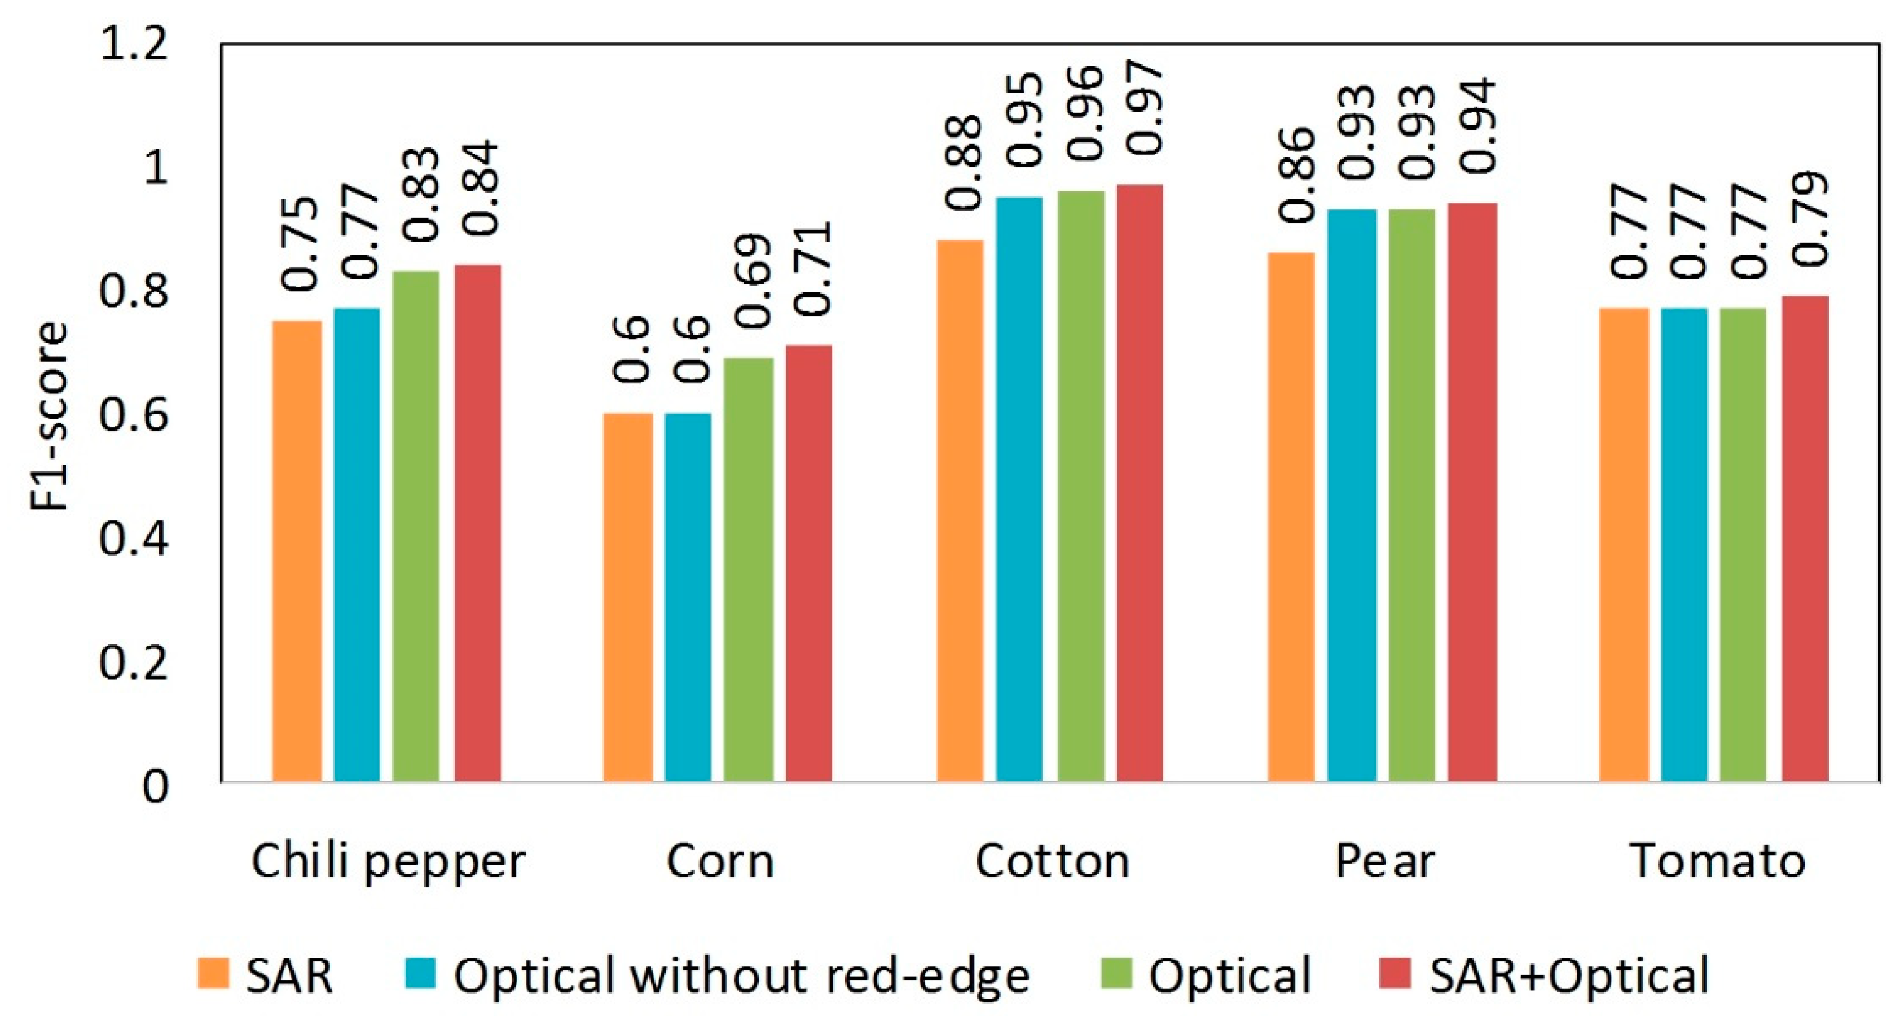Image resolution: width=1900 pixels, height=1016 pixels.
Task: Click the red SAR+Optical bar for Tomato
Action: (1805, 538)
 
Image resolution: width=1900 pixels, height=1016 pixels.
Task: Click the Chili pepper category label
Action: (388, 861)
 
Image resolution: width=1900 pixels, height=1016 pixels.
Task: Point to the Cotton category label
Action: (1052, 861)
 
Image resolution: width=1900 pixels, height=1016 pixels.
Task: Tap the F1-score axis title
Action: (50, 416)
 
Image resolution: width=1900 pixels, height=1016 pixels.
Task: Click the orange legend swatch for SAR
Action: (213, 973)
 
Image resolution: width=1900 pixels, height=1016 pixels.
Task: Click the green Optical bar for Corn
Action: (748, 569)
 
